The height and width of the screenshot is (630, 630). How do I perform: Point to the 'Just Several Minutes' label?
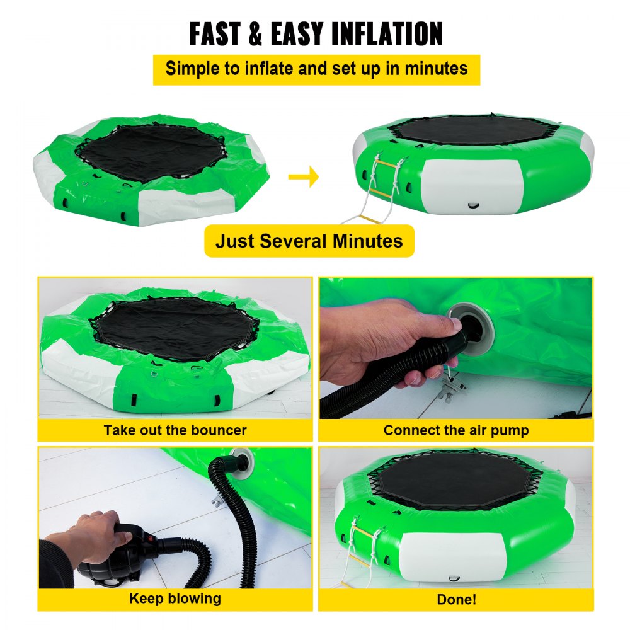pos(309,241)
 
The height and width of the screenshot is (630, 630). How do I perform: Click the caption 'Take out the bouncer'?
pos(175,431)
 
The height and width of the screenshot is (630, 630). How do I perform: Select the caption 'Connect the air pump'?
pos(456,431)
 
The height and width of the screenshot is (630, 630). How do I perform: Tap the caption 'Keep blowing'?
pos(175,598)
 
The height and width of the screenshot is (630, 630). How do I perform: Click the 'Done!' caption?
pos(456,600)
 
